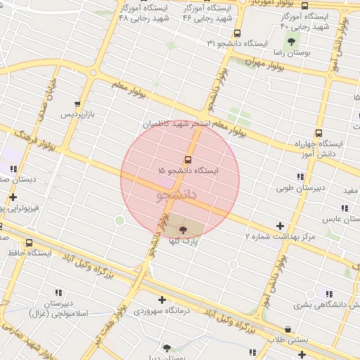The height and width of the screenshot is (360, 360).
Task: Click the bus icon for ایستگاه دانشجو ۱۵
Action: (x=188, y=160)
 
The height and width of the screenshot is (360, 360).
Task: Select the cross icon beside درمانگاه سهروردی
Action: (x=162, y=299)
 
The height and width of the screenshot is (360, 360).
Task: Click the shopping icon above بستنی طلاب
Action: (x=288, y=329)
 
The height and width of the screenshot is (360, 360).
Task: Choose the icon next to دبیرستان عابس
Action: (x=344, y=208)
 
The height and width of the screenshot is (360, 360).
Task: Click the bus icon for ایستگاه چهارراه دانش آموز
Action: (x=319, y=133)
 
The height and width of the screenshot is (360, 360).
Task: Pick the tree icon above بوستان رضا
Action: (x=291, y=42)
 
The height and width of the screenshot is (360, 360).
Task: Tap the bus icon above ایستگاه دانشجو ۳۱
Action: (x=238, y=33)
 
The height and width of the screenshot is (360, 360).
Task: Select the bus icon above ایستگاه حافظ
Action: (x=29, y=243)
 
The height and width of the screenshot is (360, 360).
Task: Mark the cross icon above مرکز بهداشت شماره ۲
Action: (x=281, y=226)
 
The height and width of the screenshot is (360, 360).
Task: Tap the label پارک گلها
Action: (x=184, y=241)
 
